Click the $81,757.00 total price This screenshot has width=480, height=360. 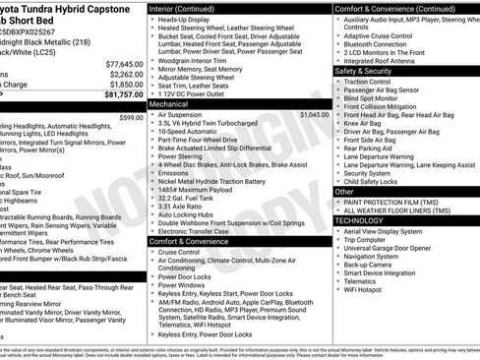(x=117, y=94)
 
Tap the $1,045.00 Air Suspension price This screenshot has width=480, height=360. (x=314, y=142)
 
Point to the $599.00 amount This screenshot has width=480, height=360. (x=130, y=117)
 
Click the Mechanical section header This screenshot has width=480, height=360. (x=168, y=129)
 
